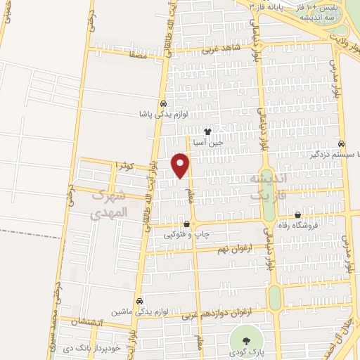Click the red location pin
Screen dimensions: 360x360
[x=181, y=165]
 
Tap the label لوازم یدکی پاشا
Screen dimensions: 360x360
[x=162, y=112]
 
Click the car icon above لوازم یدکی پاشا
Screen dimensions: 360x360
[x=162, y=101]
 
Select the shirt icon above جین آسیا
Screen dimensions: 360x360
[x=207, y=131]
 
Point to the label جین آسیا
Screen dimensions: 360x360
[x=208, y=142]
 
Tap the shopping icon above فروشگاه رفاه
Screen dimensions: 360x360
[x=298, y=215]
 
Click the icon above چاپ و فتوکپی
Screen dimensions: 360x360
[x=186, y=224]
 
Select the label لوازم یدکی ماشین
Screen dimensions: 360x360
[x=141, y=311]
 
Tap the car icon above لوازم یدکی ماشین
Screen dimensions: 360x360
[x=140, y=300]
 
